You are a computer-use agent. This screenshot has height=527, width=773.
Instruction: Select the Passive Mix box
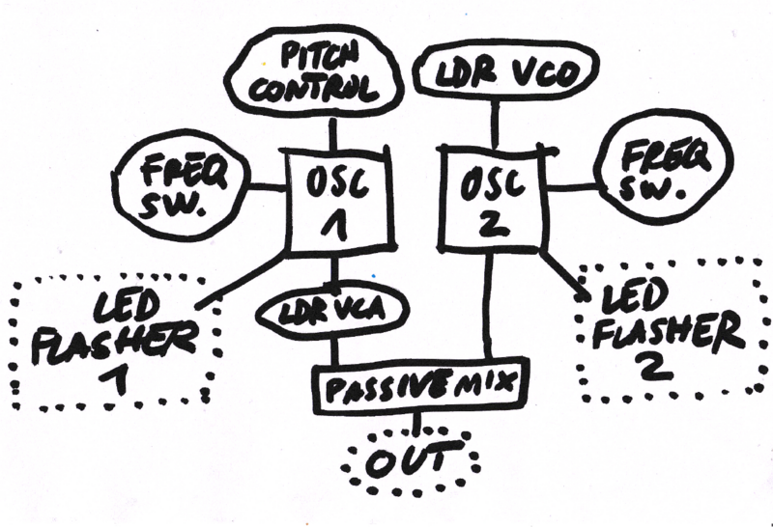tap(422, 387)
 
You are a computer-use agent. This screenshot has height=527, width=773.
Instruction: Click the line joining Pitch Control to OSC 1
tap(333, 132)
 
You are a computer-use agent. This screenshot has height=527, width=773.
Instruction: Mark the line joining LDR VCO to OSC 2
tap(496, 123)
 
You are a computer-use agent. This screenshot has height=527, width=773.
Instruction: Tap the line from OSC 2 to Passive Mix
tap(489, 309)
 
